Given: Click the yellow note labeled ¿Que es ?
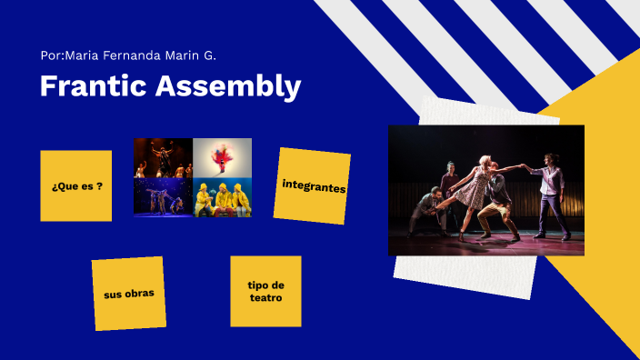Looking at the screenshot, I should (x=76, y=186).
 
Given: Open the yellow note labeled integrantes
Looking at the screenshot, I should (x=313, y=185).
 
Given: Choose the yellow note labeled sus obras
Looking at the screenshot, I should (x=128, y=293).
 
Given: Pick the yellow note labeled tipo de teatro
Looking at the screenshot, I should (x=265, y=291).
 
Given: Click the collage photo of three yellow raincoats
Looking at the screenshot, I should (x=223, y=197).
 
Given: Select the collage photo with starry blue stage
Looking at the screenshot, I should (x=164, y=197).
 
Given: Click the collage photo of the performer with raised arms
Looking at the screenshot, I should (x=164, y=158).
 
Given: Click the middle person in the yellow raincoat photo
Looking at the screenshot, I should (x=223, y=197).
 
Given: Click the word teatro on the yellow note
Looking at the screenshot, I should (x=265, y=297).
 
